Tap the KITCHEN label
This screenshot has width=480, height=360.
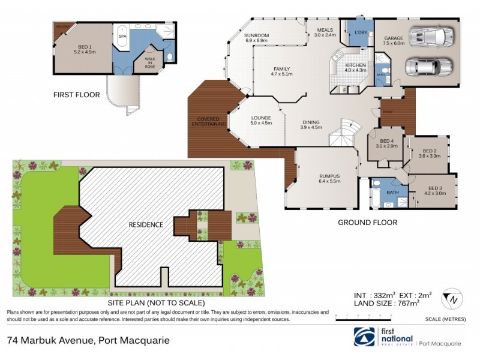355,67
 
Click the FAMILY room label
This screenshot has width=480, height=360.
281,71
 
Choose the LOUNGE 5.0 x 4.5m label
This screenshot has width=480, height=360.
261,120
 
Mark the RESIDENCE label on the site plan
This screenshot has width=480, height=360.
146,224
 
